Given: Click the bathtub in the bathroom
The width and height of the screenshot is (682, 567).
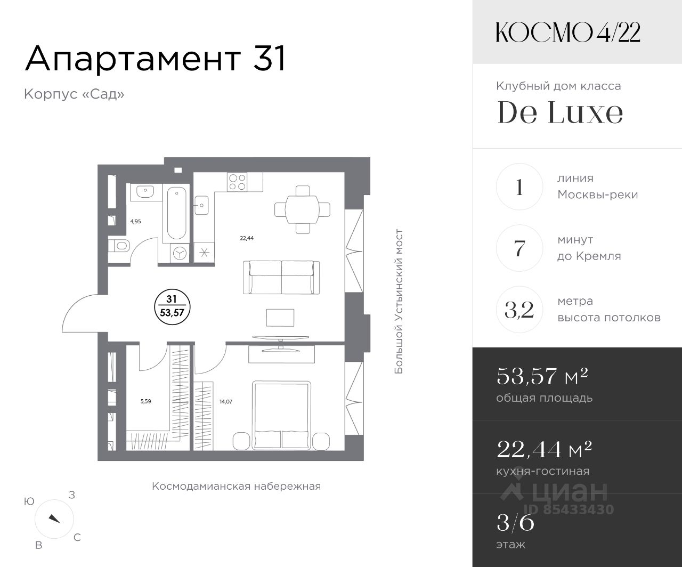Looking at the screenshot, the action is (x=176, y=213).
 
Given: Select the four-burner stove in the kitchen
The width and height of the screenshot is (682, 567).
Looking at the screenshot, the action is (x=238, y=182).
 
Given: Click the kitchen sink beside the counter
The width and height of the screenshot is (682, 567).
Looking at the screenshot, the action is (x=201, y=205).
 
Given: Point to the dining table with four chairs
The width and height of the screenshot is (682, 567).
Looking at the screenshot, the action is (x=302, y=209).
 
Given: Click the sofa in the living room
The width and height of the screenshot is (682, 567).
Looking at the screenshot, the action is (x=281, y=277).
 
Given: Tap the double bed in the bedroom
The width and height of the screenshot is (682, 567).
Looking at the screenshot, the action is (x=281, y=415).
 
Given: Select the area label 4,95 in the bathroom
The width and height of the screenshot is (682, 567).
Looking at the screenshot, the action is (x=135, y=222).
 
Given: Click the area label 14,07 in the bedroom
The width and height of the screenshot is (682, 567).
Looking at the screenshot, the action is (x=226, y=401).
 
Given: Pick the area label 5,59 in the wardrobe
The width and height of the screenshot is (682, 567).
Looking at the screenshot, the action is (x=145, y=401).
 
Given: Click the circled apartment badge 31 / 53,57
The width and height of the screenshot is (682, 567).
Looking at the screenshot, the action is (x=172, y=307).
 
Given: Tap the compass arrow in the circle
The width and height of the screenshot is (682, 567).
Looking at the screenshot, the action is (x=54, y=519).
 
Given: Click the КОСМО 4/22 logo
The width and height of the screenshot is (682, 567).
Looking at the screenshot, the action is (x=568, y=33).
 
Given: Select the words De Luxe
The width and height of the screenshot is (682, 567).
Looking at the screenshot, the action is (x=560, y=112).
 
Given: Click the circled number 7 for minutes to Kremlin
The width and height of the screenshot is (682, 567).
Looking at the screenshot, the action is (x=519, y=248).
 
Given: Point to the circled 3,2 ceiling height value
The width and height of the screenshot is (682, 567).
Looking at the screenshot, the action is (x=519, y=310).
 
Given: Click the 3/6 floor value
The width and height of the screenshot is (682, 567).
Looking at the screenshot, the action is (x=515, y=523).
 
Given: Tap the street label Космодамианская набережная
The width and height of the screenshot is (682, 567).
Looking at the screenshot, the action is (x=236, y=487).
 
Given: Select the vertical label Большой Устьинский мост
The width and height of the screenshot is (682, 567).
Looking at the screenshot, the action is (x=399, y=301).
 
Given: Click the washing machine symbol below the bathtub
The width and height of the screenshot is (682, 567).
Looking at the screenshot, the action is (x=180, y=253).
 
